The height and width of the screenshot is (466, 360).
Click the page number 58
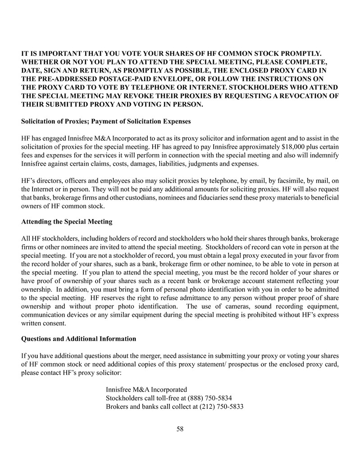180,429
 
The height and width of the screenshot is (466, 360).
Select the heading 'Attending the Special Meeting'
67,222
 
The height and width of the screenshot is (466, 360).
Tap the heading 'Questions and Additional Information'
78,338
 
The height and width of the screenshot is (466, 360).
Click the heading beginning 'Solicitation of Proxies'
106,121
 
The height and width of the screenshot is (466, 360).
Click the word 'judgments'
205,164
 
